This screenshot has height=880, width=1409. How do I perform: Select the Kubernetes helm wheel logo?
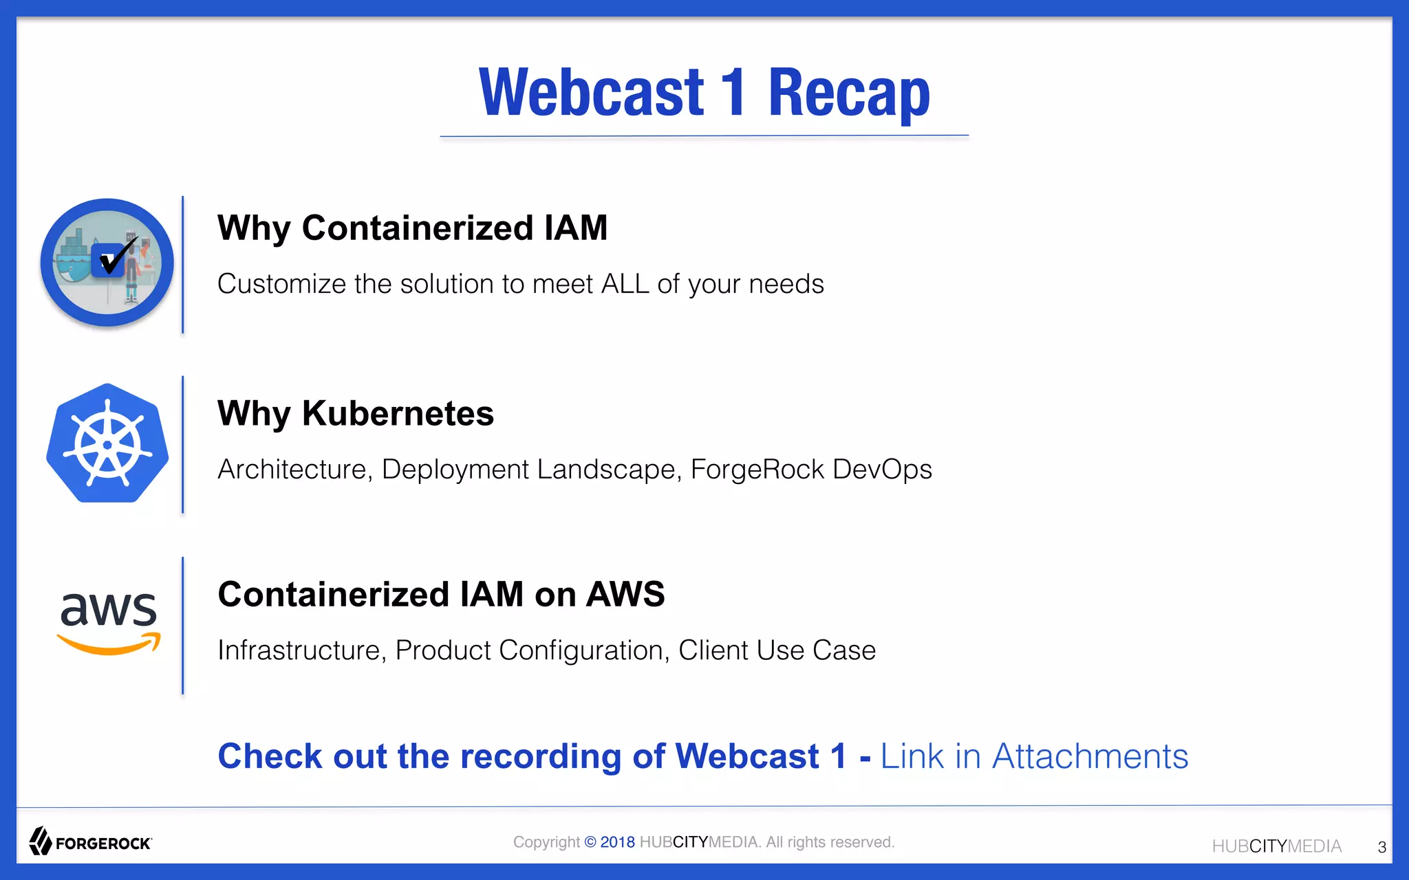coord(107,444)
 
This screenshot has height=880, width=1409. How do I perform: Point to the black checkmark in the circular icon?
coord(118,255)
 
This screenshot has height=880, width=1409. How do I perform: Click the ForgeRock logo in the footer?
coord(90,841)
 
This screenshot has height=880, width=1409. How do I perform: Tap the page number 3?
coord(1381,847)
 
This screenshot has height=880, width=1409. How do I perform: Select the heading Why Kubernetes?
coord(356,414)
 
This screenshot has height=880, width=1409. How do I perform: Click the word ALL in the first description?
coord(625,284)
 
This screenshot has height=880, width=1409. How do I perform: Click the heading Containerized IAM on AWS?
coord(441,595)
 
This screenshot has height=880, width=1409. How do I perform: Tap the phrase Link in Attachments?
coord(1034,756)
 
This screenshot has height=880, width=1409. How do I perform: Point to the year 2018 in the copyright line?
coord(617,842)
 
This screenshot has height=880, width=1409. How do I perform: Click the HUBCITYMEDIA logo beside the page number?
coord(1276,846)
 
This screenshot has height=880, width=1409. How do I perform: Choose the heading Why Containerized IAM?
coord(412,228)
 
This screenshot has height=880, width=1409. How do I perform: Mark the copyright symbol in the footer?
coord(590,842)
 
